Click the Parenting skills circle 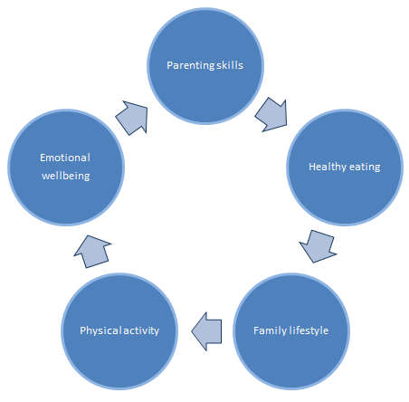pos(205,66)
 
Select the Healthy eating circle pos(345,167)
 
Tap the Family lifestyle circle pos(291,331)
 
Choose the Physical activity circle pos(119,331)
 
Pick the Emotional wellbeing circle pos(66,167)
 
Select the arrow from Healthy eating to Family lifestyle pos(319,246)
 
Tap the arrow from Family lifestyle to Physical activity pos(207,331)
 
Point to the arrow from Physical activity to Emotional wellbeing pos(92,252)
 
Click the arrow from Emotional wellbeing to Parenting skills pos(132,118)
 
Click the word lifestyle pos(309,331)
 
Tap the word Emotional pos(65,158)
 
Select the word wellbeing pos(66,176)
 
